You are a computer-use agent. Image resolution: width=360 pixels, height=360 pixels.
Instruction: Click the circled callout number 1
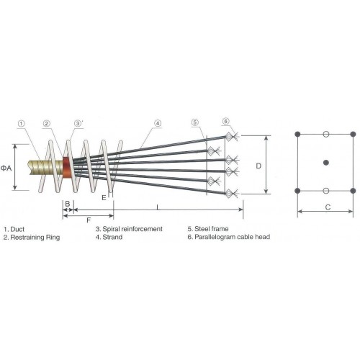[22, 124]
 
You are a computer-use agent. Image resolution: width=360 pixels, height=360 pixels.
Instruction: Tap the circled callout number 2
[47, 123]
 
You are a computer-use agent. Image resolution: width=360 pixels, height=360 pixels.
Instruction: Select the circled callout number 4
[158, 123]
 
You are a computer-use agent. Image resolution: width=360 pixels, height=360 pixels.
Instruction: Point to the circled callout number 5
[195, 122]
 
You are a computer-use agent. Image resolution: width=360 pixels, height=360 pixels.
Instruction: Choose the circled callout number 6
[225, 121]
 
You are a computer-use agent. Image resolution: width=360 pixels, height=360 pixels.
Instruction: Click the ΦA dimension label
[6, 168]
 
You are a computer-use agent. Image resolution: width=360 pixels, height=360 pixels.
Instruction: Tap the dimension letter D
[258, 166]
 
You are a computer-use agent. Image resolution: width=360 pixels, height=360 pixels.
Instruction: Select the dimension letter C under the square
[328, 207]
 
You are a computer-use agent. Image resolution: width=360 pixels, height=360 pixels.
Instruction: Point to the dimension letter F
[89, 220]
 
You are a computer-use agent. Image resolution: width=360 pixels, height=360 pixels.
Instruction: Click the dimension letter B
[68, 204]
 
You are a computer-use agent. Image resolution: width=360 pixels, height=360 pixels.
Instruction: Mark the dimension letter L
[158, 207]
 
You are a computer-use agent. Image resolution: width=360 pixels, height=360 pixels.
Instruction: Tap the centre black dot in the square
[325, 163]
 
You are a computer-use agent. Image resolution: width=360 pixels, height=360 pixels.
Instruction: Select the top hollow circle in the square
[325, 134]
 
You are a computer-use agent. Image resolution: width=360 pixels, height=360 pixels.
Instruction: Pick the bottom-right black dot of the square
[353, 191]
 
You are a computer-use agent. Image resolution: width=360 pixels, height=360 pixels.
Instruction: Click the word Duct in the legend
[17, 229]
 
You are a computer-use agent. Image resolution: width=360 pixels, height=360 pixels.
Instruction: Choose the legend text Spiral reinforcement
[132, 229]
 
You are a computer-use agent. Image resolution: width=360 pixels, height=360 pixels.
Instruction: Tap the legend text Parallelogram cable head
[233, 237]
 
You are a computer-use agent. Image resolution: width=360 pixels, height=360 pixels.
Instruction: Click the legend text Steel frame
[212, 229]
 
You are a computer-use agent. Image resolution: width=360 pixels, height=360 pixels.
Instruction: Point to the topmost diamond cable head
[229, 137]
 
